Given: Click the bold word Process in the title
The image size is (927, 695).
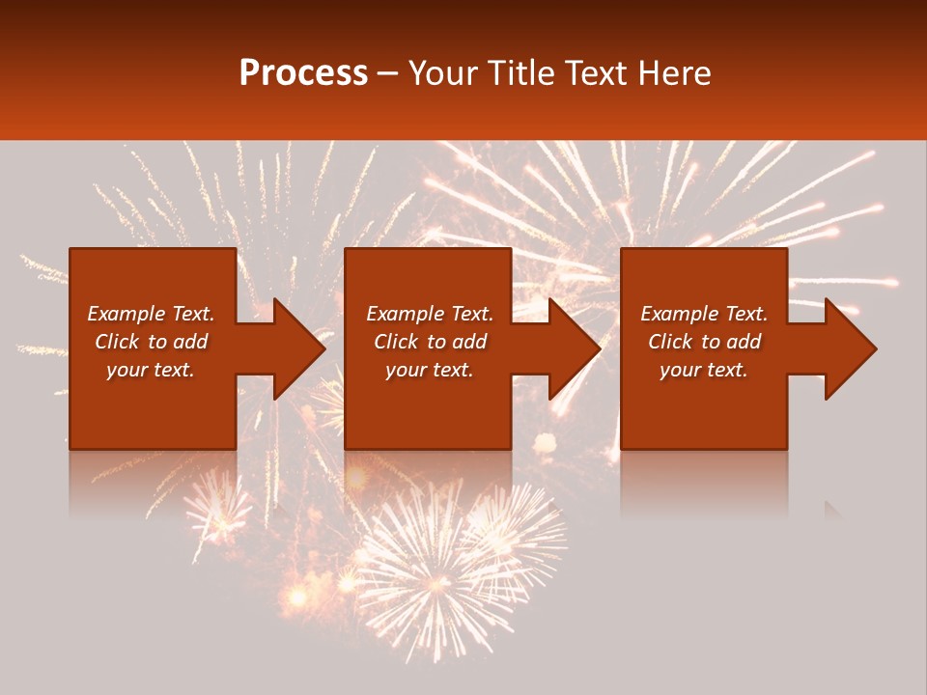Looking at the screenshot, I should (x=303, y=73).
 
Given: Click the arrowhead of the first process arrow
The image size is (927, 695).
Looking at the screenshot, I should (x=299, y=348).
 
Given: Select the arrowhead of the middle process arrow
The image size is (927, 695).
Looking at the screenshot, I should (x=575, y=348).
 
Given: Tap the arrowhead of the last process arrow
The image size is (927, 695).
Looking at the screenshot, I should (x=851, y=348).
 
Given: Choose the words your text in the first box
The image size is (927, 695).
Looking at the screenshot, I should (x=151, y=370).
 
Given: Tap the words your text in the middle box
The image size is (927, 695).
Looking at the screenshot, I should (x=429, y=370).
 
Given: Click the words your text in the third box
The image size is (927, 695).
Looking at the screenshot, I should (x=703, y=370).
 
